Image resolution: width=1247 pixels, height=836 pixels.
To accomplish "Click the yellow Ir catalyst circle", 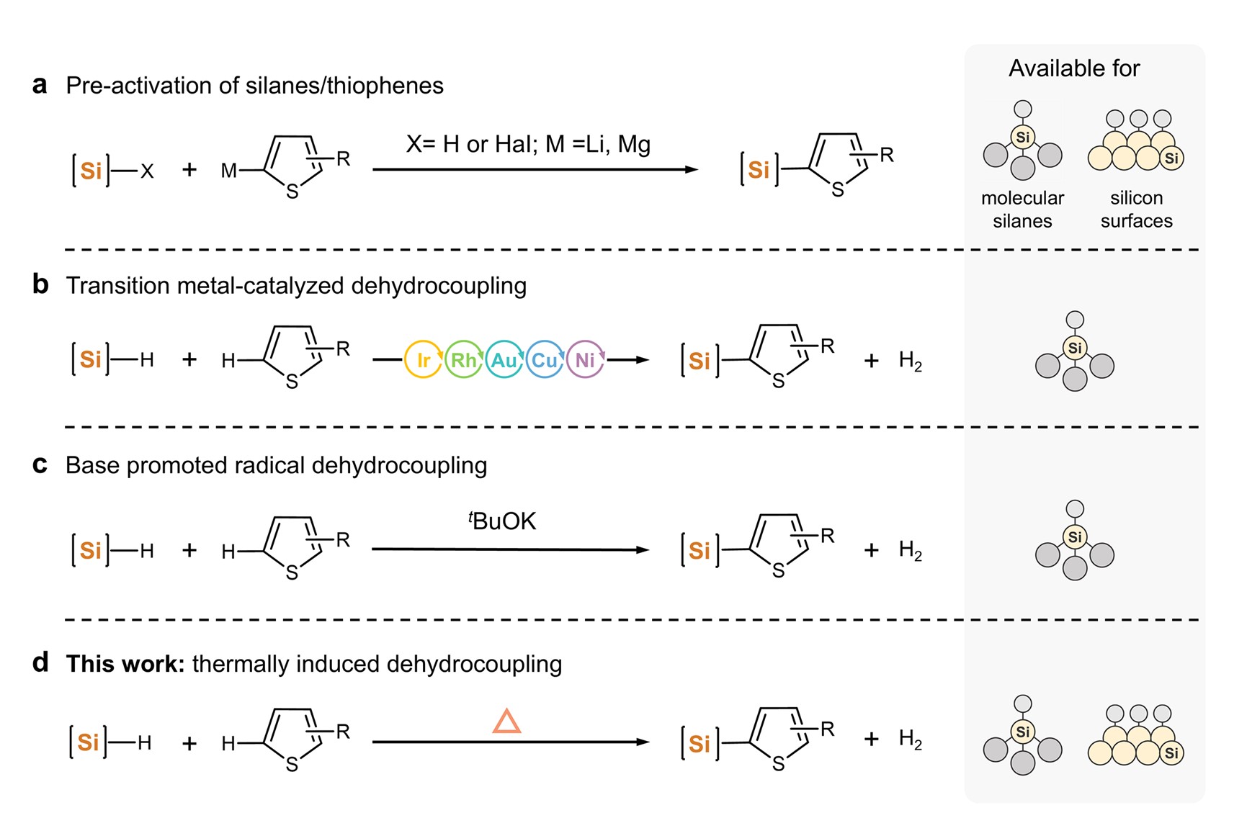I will (x=423, y=359).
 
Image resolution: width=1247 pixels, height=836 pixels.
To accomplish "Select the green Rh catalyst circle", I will (x=463, y=359).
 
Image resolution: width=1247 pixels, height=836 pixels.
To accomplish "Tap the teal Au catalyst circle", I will (x=504, y=359).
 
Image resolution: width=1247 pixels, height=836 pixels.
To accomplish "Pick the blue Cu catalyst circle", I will (x=544, y=359).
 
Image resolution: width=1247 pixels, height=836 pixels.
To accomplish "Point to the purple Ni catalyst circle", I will (x=584, y=359).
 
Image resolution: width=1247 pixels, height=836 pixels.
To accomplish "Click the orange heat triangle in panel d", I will (x=506, y=722).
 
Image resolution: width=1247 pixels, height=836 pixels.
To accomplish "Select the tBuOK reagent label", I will (x=502, y=521).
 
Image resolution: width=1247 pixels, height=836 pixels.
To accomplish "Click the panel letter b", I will (x=40, y=284).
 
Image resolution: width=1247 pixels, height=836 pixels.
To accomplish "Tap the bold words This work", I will (x=125, y=663).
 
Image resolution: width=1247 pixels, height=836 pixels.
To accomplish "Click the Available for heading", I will (x=1073, y=68).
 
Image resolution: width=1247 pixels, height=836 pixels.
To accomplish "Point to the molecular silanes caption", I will (x=1022, y=209).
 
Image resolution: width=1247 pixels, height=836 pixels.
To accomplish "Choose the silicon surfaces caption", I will (x=1136, y=209).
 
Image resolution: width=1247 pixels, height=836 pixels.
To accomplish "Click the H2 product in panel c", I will (x=910, y=551).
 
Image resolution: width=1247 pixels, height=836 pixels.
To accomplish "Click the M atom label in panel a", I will (x=228, y=171).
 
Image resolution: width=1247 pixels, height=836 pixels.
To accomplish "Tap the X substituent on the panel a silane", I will (x=147, y=171).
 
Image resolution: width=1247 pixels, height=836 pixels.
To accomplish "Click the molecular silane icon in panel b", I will (x=1074, y=353).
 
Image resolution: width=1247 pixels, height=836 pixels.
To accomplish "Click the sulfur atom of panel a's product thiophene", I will (x=837, y=190).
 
